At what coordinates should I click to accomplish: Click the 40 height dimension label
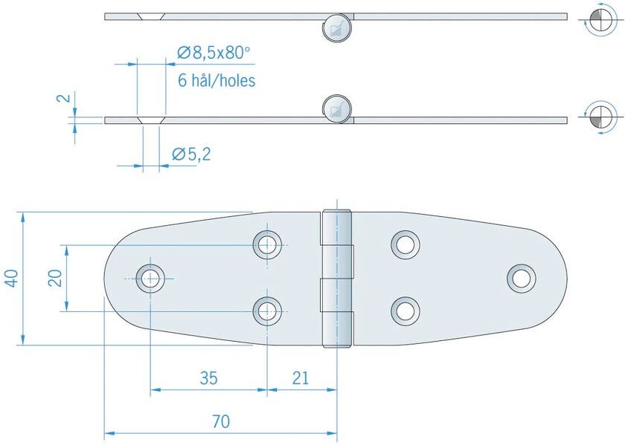(x=11, y=279)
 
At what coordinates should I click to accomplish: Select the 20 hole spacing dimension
(x=54, y=279)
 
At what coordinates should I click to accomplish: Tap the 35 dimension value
(x=208, y=378)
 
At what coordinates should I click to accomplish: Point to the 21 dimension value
(x=300, y=378)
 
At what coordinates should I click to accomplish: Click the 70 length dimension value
(x=220, y=422)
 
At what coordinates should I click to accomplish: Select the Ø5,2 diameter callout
(x=191, y=155)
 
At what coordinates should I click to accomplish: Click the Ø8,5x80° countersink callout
(x=214, y=53)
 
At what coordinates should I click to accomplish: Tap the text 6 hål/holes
(x=217, y=80)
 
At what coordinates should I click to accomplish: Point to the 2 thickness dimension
(x=65, y=98)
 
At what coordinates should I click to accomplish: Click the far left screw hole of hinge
(x=151, y=279)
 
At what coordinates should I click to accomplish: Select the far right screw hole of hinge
(x=522, y=278)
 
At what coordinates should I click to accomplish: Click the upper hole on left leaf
(x=267, y=244)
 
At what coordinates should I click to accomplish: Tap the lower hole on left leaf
(x=267, y=311)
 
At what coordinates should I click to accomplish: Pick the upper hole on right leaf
(x=406, y=244)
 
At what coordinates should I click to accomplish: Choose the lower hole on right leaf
(x=406, y=311)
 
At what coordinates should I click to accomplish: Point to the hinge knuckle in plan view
(x=336, y=279)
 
